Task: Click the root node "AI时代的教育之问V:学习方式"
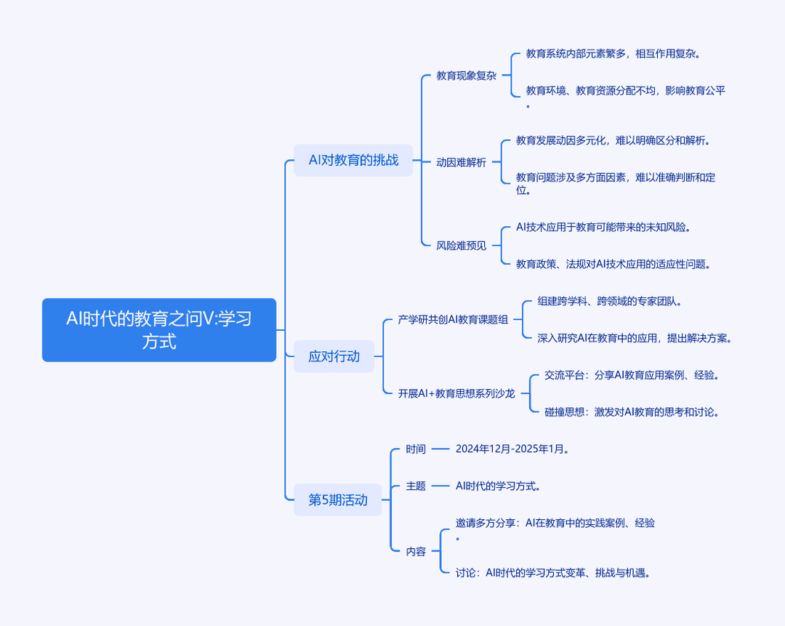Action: pos(159,330)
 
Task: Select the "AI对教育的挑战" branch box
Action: pos(353,160)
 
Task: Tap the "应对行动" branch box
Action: pos(334,356)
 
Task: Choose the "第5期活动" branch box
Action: pos(337,499)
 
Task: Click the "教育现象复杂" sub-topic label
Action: pos(466,76)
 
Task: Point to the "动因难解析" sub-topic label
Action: pos(461,162)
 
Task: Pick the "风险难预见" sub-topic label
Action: pos(461,246)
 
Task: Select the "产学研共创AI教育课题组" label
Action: pos(453,319)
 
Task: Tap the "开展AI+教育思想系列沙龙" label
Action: pos(456,393)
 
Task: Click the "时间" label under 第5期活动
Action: pos(416,449)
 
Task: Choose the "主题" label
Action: pos(416,486)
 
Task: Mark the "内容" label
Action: pos(416,551)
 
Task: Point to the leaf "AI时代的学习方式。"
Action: pos(498,486)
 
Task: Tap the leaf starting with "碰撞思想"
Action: pos(632,412)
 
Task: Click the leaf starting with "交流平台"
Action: pos(632,375)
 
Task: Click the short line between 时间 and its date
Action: pos(440,449)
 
